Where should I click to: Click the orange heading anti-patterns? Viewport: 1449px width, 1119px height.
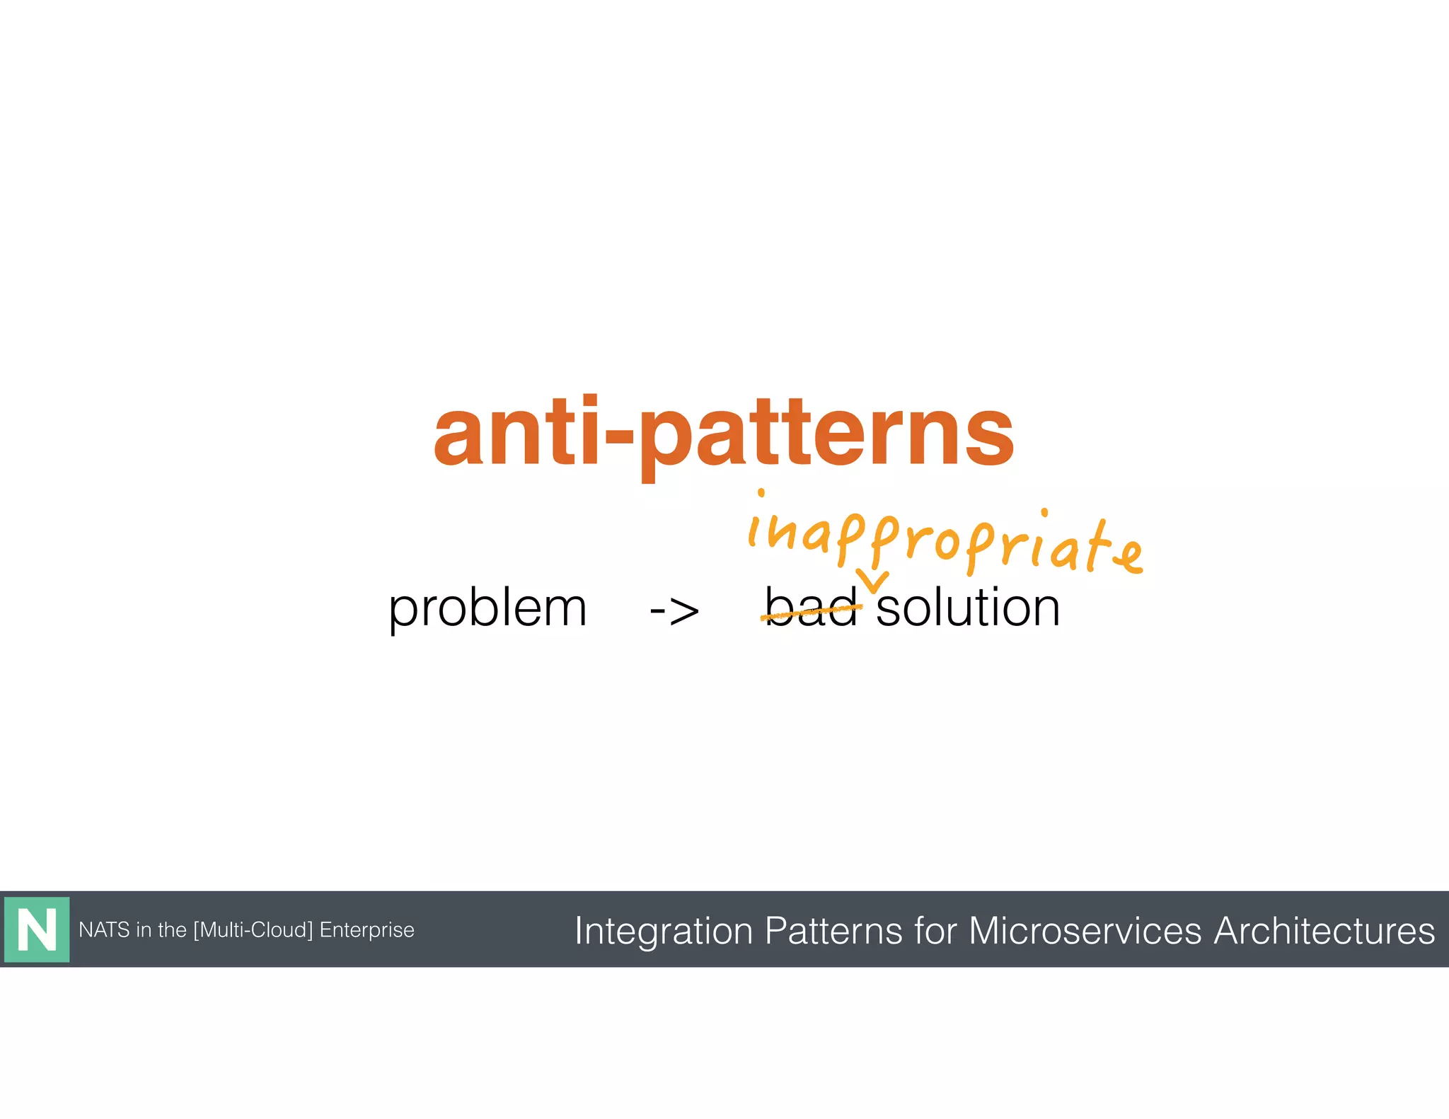coord(723,433)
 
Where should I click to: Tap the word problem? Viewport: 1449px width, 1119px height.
coord(487,608)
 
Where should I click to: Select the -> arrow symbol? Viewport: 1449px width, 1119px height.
coord(674,610)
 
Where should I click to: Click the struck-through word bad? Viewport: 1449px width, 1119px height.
coord(812,608)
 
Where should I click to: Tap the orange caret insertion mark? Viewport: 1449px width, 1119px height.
coord(872,581)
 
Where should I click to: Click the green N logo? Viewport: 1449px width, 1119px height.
coord(37,929)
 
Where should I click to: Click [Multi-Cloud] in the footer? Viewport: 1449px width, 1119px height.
coord(253,929)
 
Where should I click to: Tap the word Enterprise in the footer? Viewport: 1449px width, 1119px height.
coord(366,929)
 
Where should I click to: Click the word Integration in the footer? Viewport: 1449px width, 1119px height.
coord(663,931)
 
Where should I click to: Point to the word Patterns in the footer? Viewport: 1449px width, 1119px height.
coord(833,930)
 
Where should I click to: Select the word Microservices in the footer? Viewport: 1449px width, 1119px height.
coord(1085,930)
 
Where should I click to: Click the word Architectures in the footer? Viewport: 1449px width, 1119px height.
coord(1324,930)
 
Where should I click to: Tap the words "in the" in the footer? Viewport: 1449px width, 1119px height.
coord(161,929)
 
